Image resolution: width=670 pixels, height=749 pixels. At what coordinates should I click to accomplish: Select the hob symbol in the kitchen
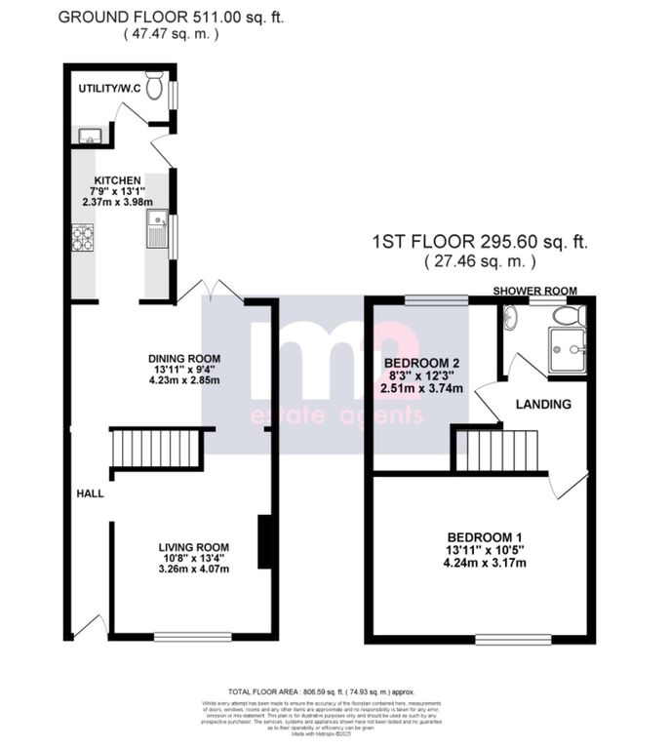83,237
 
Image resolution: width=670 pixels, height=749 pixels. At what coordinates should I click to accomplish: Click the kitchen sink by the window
157,230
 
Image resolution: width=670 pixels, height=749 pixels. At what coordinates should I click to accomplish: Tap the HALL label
91,493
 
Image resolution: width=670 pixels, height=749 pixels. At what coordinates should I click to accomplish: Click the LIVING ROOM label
195,547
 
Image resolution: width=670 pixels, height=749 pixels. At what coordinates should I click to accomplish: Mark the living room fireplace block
263,541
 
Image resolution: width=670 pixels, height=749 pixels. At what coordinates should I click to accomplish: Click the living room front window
192,638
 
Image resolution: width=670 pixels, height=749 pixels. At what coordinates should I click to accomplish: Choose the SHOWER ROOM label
534,291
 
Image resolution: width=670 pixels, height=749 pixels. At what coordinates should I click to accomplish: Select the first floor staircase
497,451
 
